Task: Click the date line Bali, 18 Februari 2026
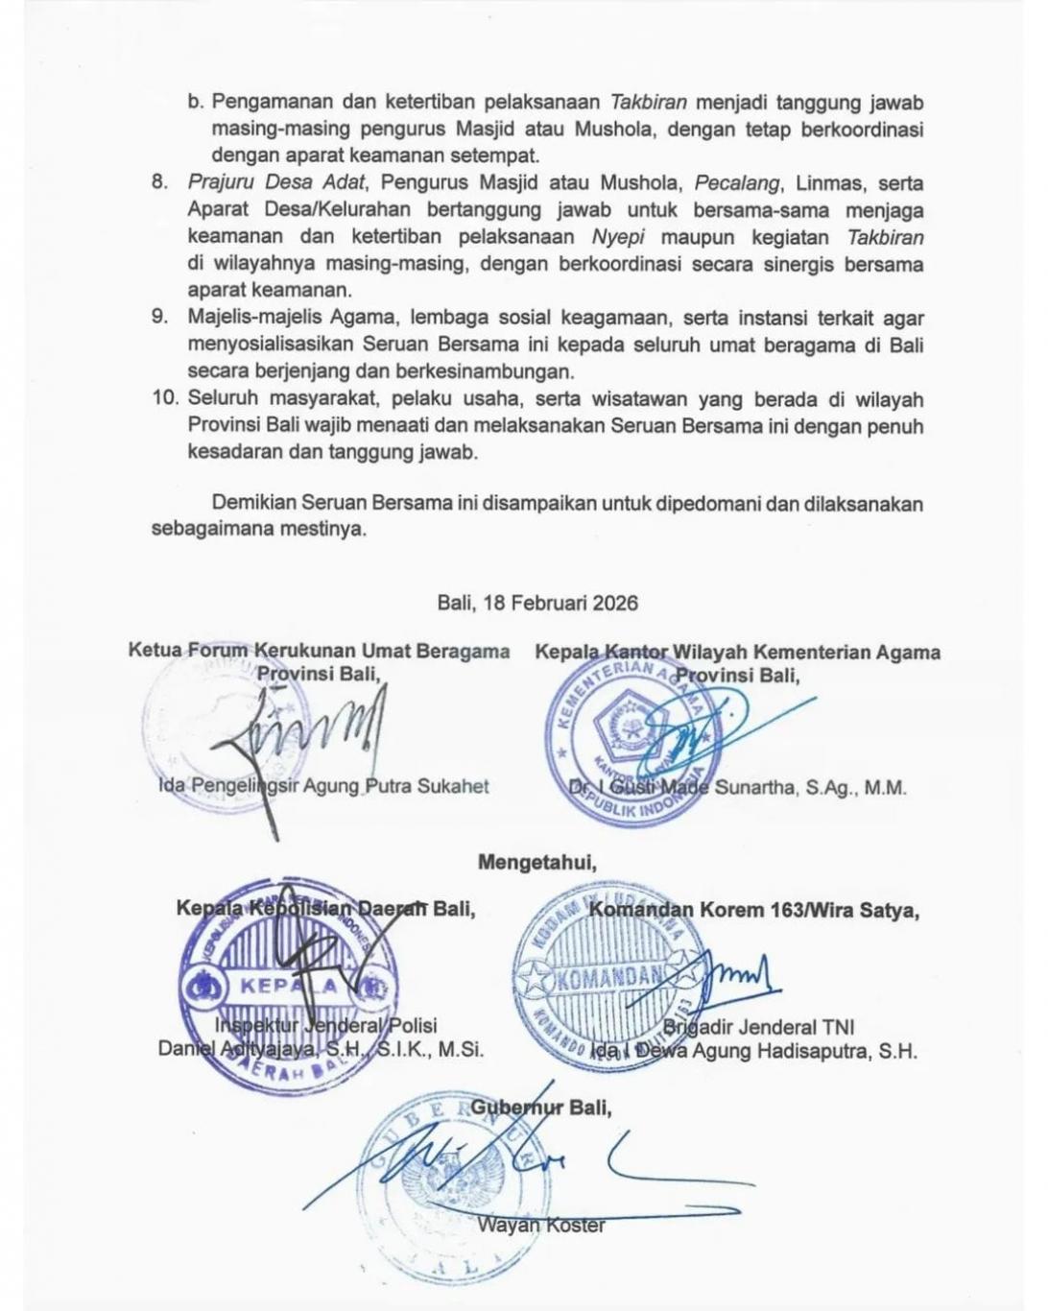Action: [x=537, y=603]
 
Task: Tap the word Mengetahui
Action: [x=536, y=862]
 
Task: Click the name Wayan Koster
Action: [x=541, y=1225]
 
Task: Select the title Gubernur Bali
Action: [x=540, y=1108]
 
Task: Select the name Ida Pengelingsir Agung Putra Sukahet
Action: [x=323, y=786]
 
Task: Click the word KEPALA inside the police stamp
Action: [x=288, y=986]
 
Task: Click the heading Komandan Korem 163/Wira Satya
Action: [x=753, y=910]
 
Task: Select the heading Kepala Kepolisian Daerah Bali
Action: [x=325, y=908]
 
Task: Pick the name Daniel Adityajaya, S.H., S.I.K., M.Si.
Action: [x=321, y=1049]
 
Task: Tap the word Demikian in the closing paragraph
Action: [x=253, y=502]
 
